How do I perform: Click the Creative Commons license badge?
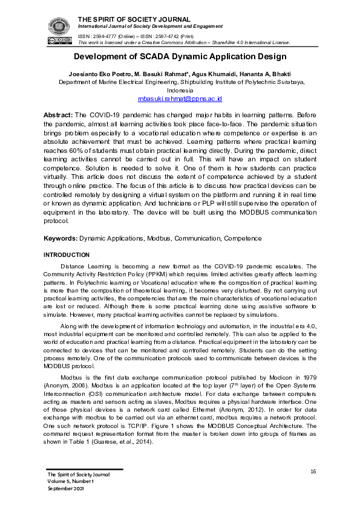click(56, 41)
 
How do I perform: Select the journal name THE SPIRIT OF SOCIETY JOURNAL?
click(134, 20)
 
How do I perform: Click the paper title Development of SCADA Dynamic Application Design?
click(180, 57)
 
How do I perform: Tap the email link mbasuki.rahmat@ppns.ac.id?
click(180, 98)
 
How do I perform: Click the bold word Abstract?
click(57, 114)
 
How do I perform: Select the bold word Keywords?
click(61, 239)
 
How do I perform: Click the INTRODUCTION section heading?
click(67, 255)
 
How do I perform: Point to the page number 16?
click(313, 472)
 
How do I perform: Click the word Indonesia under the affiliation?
click(180, 89)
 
